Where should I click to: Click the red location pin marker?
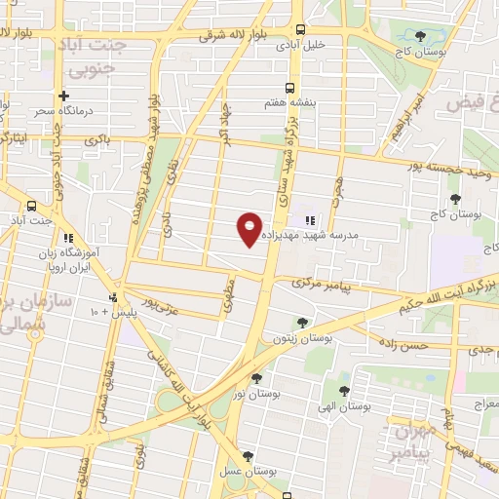pyautogui.click(x=250, y=229)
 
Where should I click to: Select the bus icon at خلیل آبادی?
pyautogui.click(x=299, y=29)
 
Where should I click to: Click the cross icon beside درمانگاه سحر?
pyautogui.click(x=63, y=96)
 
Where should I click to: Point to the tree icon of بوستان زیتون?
pyautogui.click(x=302, y=322)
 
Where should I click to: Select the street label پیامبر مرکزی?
pyautogui.click(x=324, y=283)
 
